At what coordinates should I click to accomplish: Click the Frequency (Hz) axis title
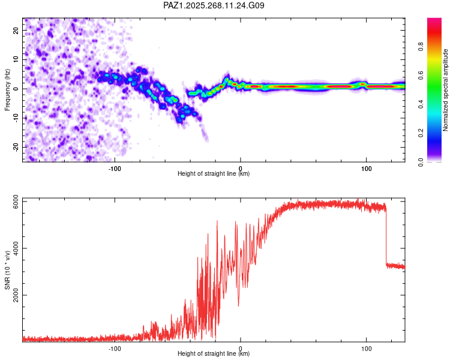(x=7, y=89)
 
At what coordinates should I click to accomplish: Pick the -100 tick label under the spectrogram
(x=115, y=168)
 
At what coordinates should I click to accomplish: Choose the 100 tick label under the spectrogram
(x=366, y=168)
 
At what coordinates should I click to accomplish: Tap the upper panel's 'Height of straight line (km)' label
(x=214, y=174)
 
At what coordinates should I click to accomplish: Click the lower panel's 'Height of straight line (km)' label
(x=214, y=354)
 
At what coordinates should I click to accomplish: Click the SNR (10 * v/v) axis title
(x=7, y=270)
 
